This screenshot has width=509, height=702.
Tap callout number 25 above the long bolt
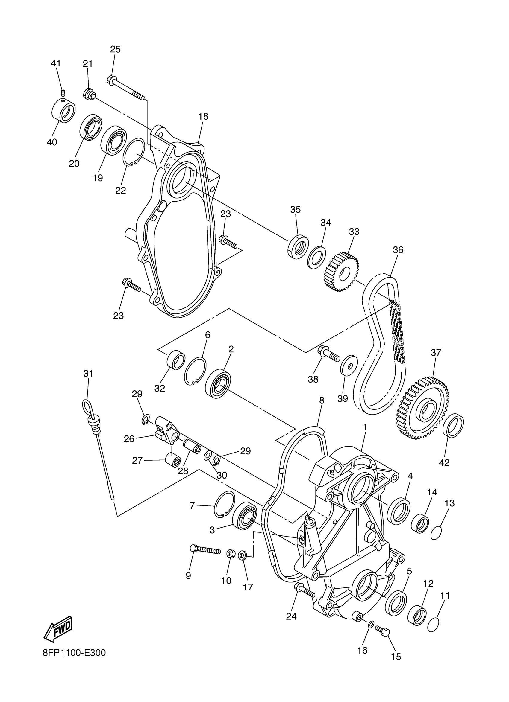pos(115,49)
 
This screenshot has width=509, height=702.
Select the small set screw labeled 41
pos(63,92)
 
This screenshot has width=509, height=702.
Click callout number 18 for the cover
pos(204,116)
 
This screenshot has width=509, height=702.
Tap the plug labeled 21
pos(89,94)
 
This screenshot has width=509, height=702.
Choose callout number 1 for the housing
pos(365,427)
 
